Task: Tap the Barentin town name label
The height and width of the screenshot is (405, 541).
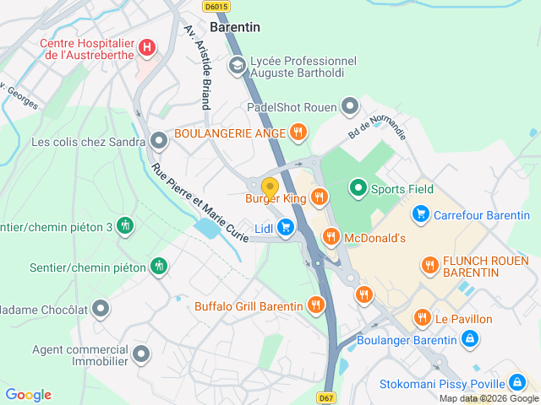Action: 235,27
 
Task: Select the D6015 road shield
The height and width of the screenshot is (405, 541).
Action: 216,6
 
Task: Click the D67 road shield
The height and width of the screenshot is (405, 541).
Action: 327,397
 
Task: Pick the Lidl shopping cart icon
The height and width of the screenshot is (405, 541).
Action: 286,226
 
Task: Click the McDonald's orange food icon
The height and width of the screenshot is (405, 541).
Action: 331,237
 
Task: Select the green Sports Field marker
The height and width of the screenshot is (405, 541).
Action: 358,188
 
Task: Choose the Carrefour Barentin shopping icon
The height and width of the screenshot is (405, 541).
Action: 420,215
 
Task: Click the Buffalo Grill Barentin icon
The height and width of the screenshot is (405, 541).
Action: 316,305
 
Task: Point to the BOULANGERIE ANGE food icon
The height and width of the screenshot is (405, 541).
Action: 298,132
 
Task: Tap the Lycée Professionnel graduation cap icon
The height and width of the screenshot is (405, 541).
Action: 237,64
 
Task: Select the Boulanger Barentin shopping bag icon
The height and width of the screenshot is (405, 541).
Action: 469,339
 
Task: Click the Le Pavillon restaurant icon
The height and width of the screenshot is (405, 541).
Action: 423,318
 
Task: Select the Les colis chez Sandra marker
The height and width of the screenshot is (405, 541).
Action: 158,141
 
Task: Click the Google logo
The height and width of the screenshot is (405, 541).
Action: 29,395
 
